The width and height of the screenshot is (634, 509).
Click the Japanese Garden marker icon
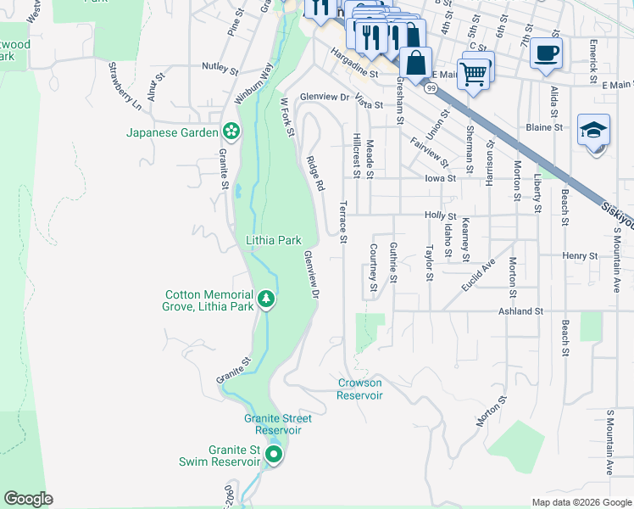pyautogui.click(x=230, y=131)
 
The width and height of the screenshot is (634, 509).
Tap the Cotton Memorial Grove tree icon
pyautogui.click(x=266, y=299)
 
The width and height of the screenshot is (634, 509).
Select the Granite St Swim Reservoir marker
pyautogui.click(x=273, y=456)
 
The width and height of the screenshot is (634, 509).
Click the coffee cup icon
pyautogui.click(x=546, y=53)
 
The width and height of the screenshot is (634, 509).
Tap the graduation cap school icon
pyautogui.click(x=593, y=131)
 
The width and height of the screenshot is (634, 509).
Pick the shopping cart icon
pyautogui.click(x=475, y=72)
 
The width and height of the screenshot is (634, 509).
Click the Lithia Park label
pyautogui.click(x=274, y=241)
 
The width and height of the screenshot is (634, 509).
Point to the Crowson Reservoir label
pyautogui.click(x=359, y=389)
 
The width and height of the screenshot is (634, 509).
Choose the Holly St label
pyautogui.click(x=440, y=216)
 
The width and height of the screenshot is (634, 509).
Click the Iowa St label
pyautogui.click(x=440, y=179)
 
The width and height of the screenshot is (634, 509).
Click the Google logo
pyautogui.click(x=28, y=499)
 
